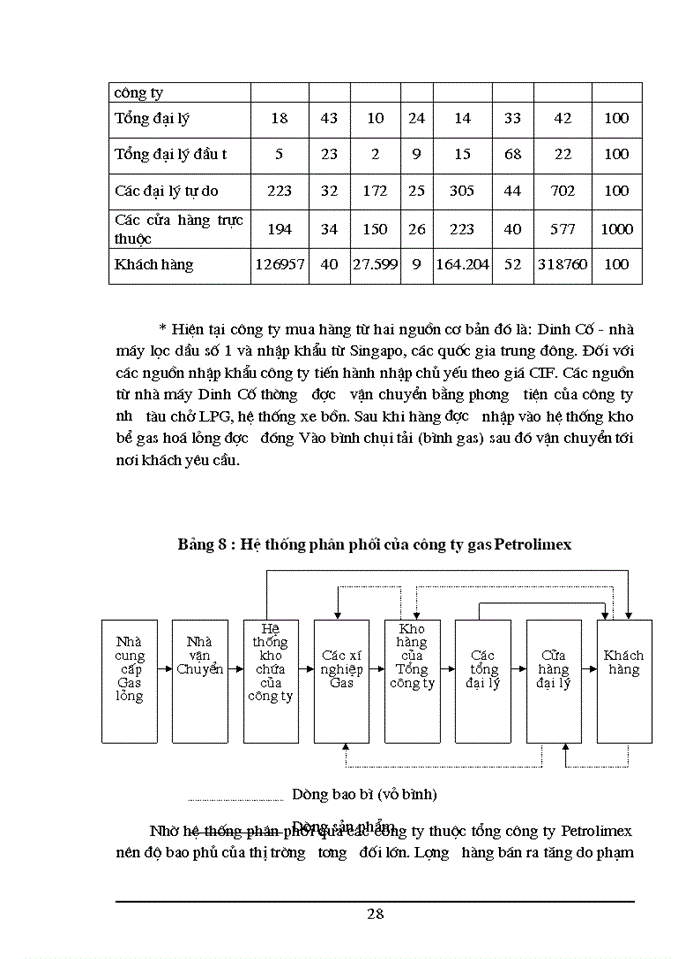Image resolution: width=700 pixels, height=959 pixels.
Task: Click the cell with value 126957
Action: coord(279,265)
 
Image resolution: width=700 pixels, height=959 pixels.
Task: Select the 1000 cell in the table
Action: coord(617,229)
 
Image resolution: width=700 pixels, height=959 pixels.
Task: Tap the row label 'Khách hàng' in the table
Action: coord(154,265)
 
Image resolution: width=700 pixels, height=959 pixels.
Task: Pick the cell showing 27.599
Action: coord(375,265)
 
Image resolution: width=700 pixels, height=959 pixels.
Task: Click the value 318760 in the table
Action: coord(562,265)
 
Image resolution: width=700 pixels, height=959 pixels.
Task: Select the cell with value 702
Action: coord(562,190)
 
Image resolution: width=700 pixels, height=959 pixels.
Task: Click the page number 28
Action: coord(375,913)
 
